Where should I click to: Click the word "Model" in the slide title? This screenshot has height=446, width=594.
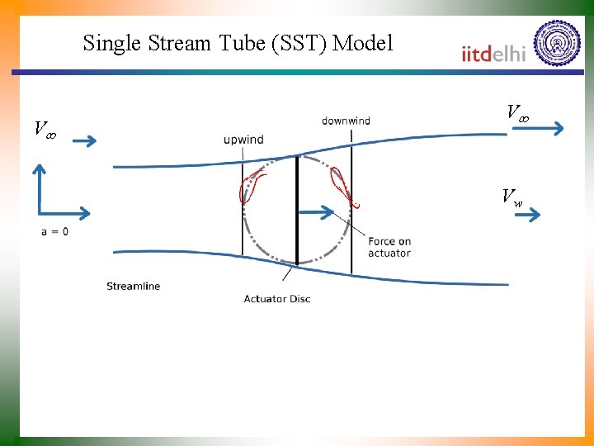[362, 43]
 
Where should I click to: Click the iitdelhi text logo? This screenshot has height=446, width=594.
[493, 54]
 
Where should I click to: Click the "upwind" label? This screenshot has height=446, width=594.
[243, 140]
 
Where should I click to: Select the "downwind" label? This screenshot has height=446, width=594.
[346, 121]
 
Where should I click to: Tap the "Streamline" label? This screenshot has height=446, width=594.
[133, 287]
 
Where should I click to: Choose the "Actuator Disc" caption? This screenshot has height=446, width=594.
[277, 299]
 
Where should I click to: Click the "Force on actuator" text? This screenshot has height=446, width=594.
[389, 247]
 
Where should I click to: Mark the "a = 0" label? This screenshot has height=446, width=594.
[55, 232]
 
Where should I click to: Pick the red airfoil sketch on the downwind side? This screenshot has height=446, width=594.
[343, 187]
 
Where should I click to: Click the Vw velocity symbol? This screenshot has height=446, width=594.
[511, 197]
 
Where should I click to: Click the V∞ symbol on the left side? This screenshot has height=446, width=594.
[45, 129]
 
